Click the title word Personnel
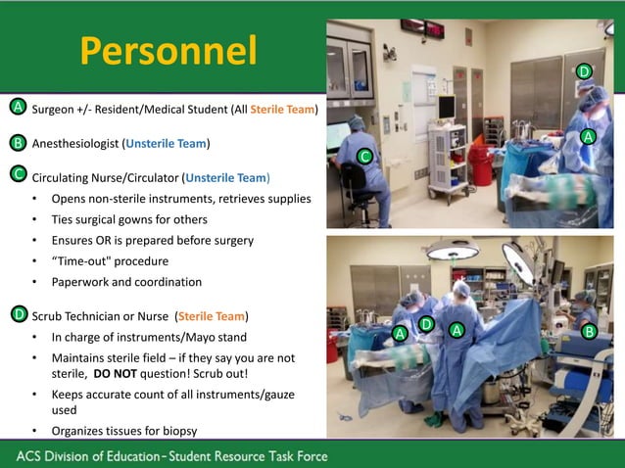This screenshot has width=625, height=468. pyautogui.click(x=168, y=52)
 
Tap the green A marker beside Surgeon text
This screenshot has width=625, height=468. pyautogui.click(x=18, y=106)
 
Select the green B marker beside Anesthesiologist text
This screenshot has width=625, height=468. pyautogui.click(x=18, y=143)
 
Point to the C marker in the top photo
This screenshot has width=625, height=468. pyautogui.click(x=364, y=157)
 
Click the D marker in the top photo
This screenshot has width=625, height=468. pyautogui.click(x=584, y=71)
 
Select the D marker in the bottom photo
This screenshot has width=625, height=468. pyautogui.click(x=426, y=324)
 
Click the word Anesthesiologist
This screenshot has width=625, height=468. pyautogui.click(x=75, y=144)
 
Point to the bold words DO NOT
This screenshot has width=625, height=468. pyautogui.click(x=116, y=374)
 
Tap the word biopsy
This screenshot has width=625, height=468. pyautogui.click(x=177, y=432)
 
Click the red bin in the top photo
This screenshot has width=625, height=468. pyautogui.click(x=480, y=160)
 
